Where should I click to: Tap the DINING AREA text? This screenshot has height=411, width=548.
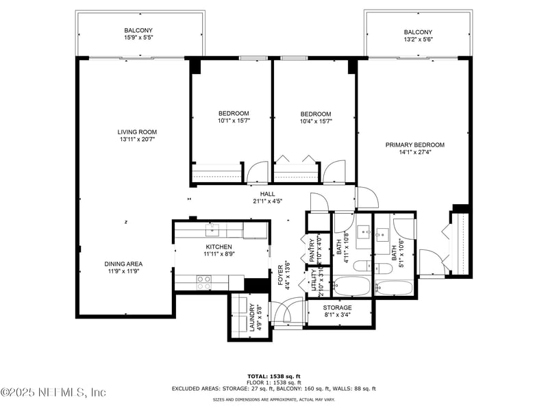pos(123,264)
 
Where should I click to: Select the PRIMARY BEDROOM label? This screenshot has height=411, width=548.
pos(414,145)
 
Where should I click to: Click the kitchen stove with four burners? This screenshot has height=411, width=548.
pos(204,279)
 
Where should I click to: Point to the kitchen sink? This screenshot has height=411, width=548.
pos(213,228)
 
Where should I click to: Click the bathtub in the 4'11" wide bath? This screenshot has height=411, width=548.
pos(351,286)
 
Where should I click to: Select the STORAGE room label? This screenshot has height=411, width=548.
pos(337,308)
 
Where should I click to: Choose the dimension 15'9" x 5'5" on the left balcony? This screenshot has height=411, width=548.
pos(138,38)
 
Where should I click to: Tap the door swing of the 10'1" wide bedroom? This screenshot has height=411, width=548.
pos(258,171)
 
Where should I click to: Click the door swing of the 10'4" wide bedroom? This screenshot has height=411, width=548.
pos(335,171)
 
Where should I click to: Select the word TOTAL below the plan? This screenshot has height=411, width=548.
pos(256,376)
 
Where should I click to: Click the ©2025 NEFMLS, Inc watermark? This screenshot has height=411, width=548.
pos(53,393)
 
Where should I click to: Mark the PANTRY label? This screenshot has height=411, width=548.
pos(312,249)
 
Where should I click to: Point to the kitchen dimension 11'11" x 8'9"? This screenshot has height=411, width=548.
pos(219,254)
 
